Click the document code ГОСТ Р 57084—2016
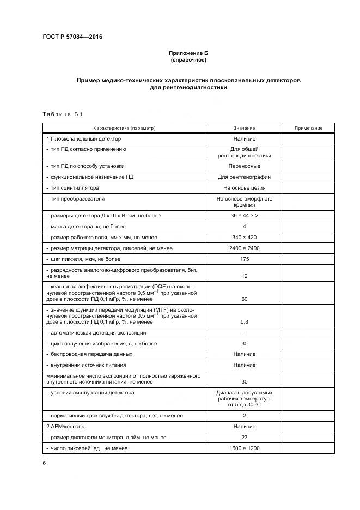[x=72, y=37]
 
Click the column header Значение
[x=244, y=128]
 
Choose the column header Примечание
[x=309, y=128]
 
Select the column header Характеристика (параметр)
[x=124, y=128]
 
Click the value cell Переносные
[x=244, y=166]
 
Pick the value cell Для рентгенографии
[x=244, y=177]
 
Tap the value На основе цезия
[x=244, y=187]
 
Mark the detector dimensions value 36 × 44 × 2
[x=244, y=215]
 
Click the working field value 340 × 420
[x=244, y=237]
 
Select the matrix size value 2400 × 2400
[x=244, y=248]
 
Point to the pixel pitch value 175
[x=244, y=259]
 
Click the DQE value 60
[x=244, y=299]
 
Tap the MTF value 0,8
[x=244, y=321]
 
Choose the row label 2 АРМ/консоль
[x=67, y=426]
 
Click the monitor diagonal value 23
[x=244, y=437]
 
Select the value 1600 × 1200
[x=244, y=448]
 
